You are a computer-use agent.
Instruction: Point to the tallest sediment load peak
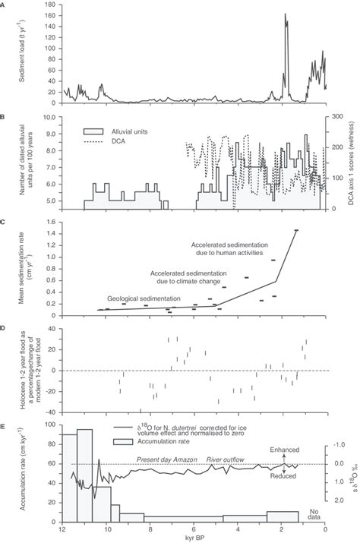[x=286, y=14]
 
